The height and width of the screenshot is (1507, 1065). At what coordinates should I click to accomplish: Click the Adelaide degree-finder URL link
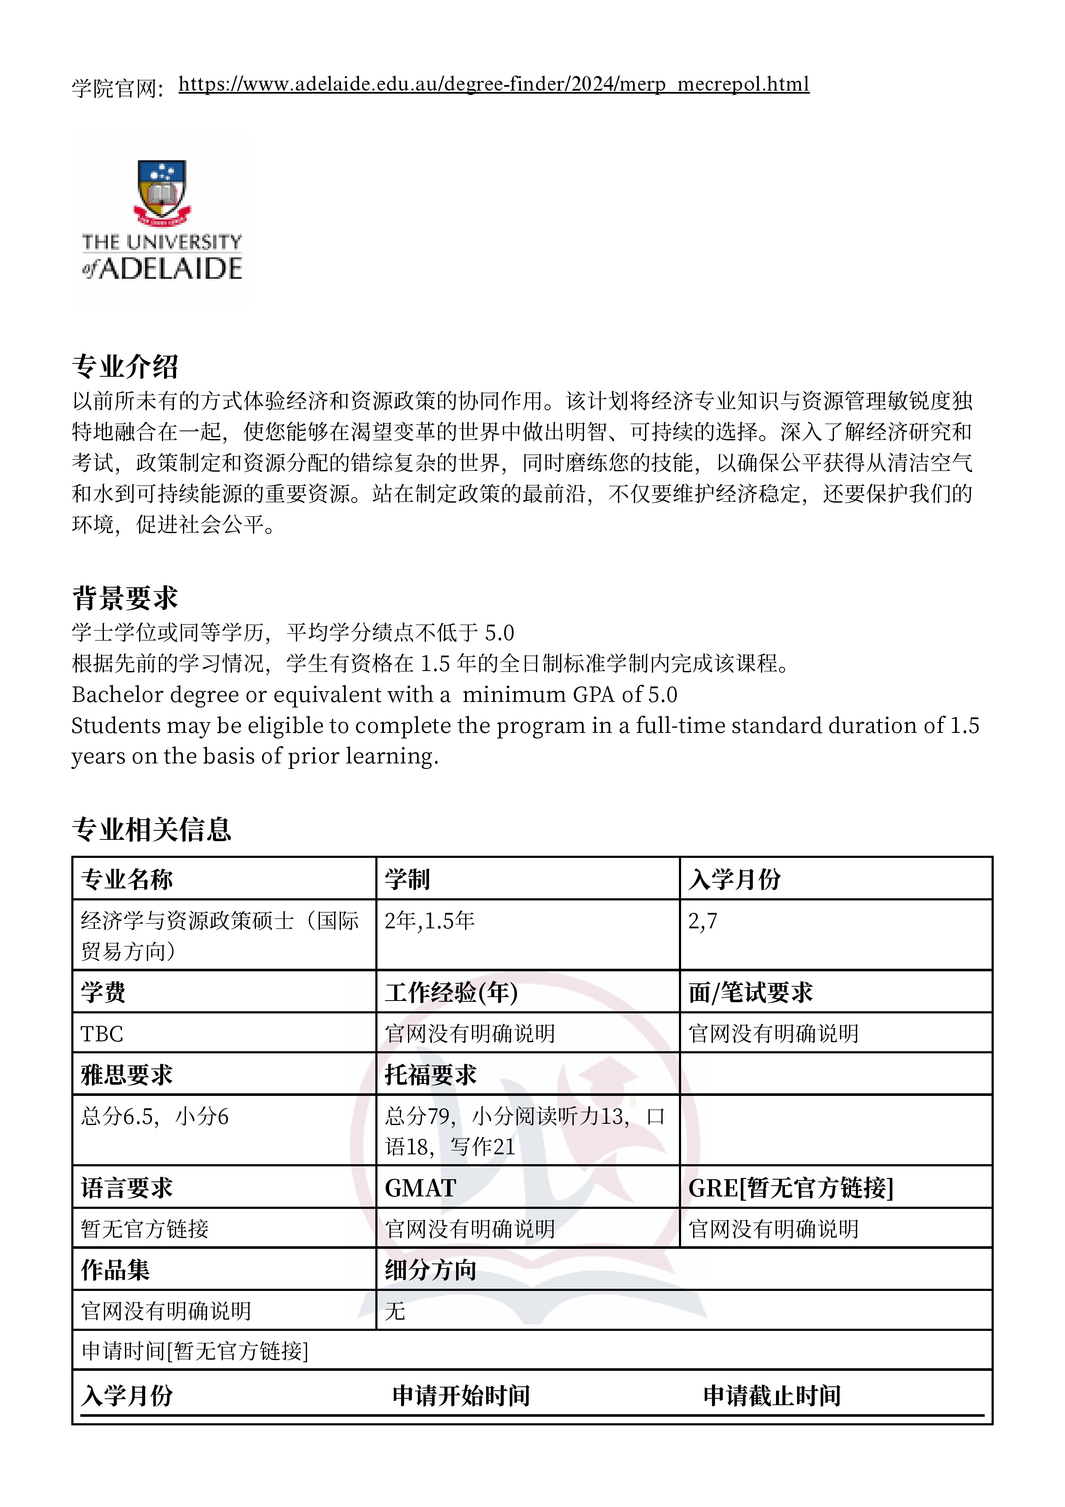tap(493, 85)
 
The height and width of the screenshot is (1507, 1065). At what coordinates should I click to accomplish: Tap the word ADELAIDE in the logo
tap(170, 268)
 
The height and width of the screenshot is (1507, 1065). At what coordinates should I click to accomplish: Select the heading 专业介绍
tap(125, 367)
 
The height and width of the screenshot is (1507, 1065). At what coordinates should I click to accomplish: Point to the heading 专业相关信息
tap(152, 830)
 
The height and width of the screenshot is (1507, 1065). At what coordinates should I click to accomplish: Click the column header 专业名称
tap(127, 879)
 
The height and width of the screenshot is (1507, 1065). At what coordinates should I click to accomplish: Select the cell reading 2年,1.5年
tap(430, 921)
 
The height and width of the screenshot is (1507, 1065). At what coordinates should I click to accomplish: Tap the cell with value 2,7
tap(703, 921)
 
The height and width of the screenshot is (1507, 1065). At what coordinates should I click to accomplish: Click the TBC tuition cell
tap(102, 1034)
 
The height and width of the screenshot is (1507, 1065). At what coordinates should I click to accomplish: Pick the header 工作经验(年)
tap(451, 992)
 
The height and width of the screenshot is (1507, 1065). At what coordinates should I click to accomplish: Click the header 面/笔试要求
tap(751, 992)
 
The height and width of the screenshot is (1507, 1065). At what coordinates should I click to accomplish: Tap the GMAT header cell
tap(420, 1188)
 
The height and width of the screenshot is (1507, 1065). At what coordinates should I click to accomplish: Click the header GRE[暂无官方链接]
tap(791, 1188)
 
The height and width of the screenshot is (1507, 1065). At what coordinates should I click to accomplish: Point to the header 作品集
tap(116, 1270)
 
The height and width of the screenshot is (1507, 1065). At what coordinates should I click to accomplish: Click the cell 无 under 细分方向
tap(395, 1311)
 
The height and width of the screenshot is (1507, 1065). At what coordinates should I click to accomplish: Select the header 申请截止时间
tap(772, 1395)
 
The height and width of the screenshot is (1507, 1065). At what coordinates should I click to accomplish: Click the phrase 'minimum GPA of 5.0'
tap(569, 694)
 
